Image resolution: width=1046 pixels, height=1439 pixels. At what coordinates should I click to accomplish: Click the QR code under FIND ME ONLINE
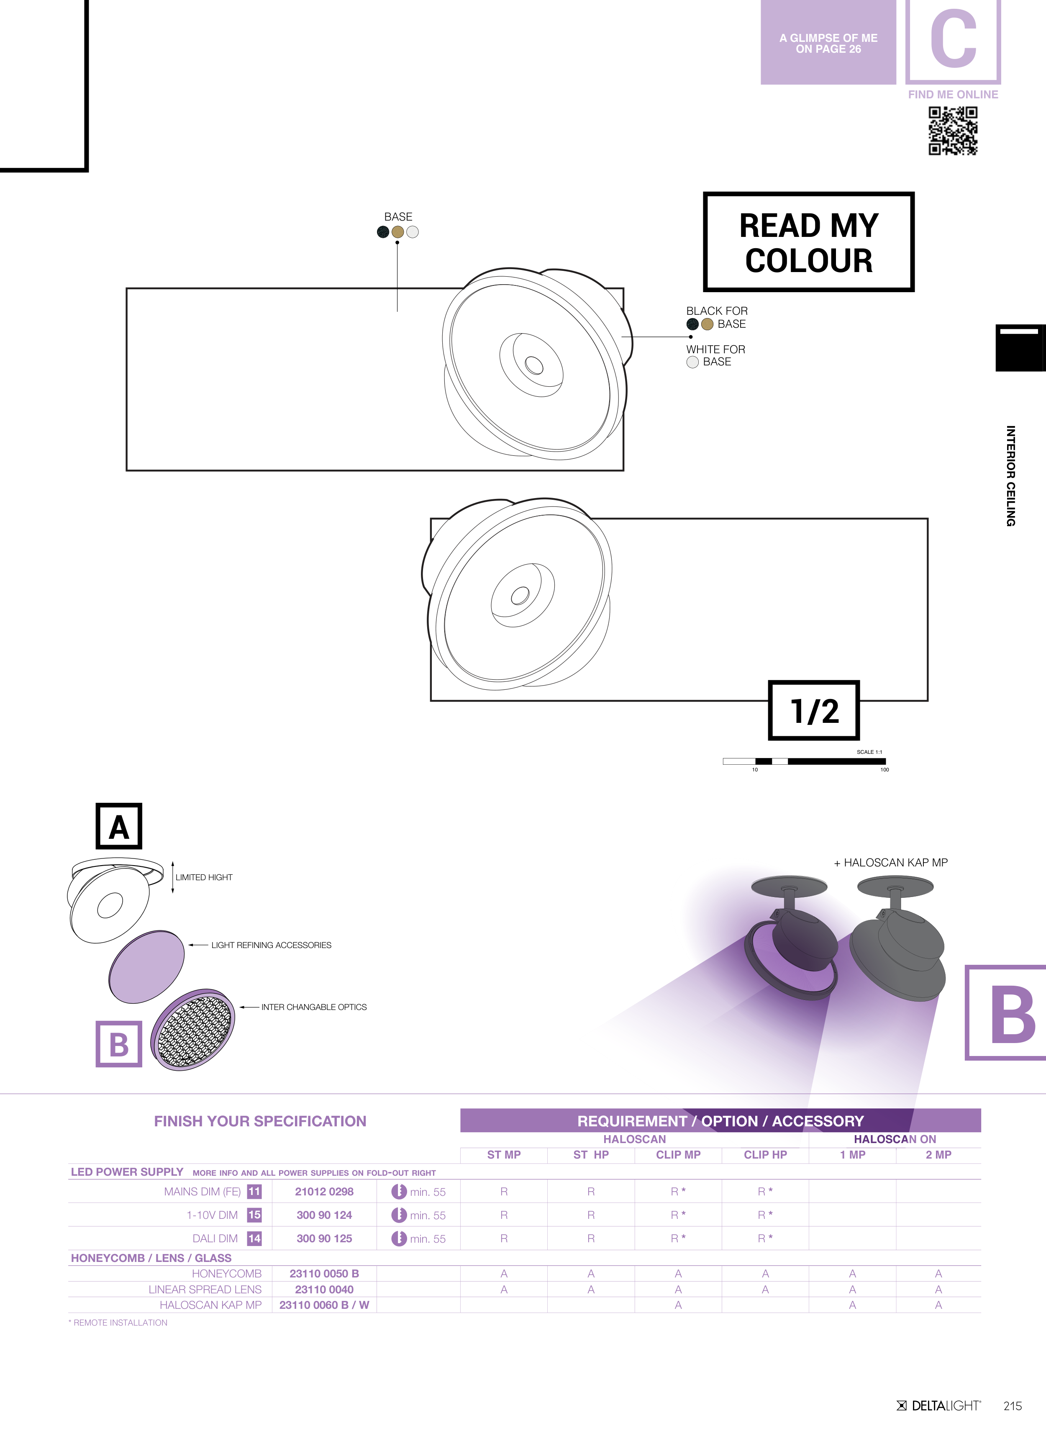tap(953, 131)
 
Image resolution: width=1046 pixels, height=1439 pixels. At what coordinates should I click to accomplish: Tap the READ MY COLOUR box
tap(809, 242)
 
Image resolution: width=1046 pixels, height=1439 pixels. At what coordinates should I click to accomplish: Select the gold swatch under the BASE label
tap(398, 232)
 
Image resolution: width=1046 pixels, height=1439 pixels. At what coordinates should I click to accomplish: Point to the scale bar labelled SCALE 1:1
tap(804, 761)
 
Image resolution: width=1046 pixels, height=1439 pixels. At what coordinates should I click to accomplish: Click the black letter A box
tap(119, 826)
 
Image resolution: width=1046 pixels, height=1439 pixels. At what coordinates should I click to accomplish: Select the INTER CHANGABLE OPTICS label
tap(314, 1007)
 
